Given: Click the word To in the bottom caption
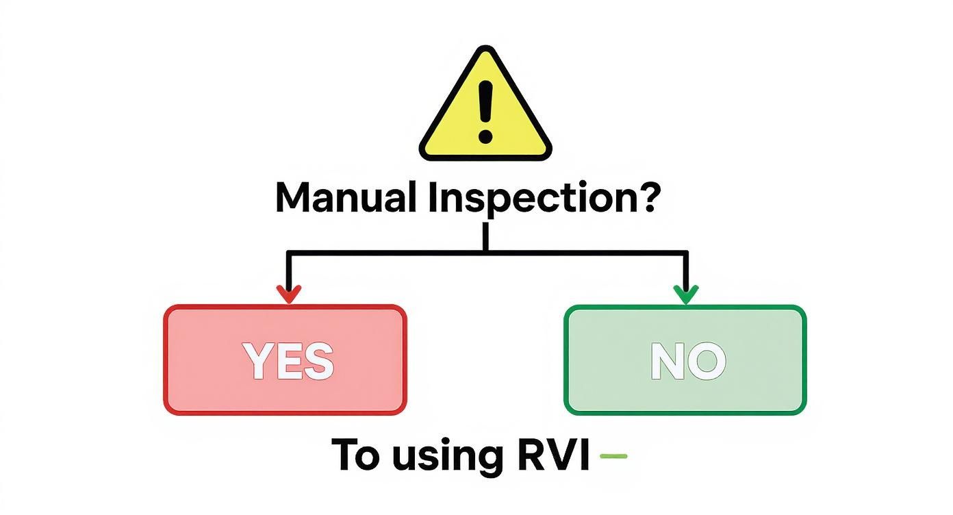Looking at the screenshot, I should [355, 455].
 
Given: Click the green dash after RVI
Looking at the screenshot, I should [613, 454].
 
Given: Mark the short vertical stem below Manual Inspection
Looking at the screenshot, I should [485, 238].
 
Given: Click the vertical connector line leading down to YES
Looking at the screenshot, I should [289, 271].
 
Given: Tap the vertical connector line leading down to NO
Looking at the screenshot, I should [685, 271].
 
